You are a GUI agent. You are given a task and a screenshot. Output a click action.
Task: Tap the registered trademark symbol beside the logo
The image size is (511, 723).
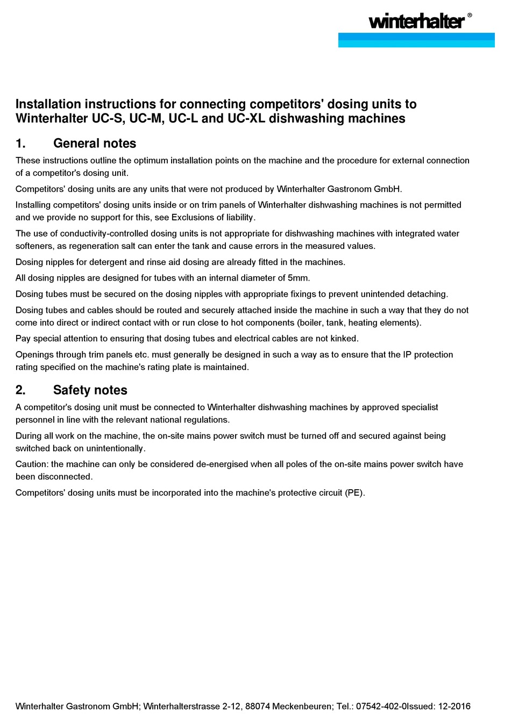pos(470,16)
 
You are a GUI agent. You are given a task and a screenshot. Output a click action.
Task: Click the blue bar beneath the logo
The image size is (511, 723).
pos(416,40)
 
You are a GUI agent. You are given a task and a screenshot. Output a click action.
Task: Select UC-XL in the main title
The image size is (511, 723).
pos(246,118)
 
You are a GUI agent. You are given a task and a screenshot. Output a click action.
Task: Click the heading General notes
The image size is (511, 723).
pos(95,144)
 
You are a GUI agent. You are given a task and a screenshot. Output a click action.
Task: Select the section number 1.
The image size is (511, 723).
pos(20,144)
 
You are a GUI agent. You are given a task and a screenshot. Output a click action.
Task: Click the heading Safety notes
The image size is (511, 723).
pos(90,390)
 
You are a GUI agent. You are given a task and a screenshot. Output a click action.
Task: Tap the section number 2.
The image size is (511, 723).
pos(20,390)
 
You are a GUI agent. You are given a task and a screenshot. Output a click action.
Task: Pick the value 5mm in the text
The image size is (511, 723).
pos(299,278)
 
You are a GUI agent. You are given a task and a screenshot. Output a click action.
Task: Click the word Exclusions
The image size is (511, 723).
pos(193,218)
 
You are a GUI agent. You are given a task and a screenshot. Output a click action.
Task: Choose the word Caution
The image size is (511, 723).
pos(32,464)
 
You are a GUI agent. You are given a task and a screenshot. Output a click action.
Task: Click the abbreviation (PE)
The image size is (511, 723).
pos(354,493)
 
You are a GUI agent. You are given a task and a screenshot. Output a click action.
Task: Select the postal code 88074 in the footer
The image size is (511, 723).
pos(257,706)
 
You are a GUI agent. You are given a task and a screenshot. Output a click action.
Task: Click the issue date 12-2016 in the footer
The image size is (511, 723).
pos(454,706)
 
